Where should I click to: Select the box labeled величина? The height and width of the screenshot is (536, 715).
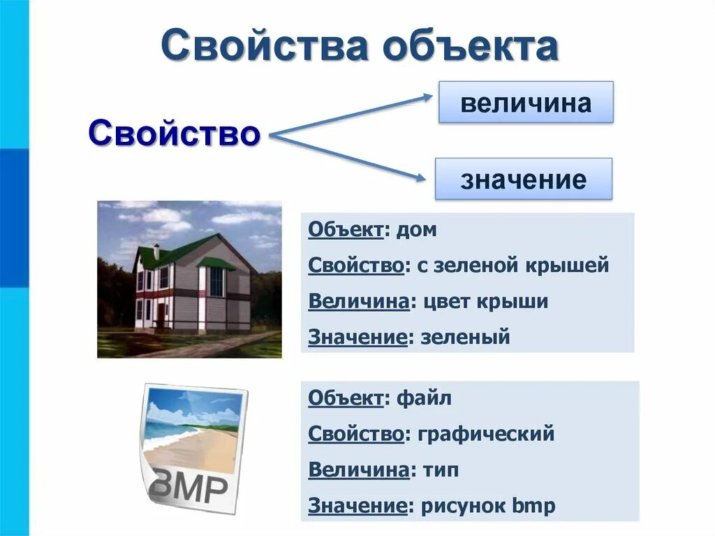point(526,103)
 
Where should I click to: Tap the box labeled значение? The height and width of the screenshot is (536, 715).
point(523,180)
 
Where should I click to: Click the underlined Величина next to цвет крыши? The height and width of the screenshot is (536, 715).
point(358,301)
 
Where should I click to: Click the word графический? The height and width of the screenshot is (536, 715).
point(487,434)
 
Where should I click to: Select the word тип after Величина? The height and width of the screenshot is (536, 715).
point(440,470)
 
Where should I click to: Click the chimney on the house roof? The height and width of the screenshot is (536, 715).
point(157,249)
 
